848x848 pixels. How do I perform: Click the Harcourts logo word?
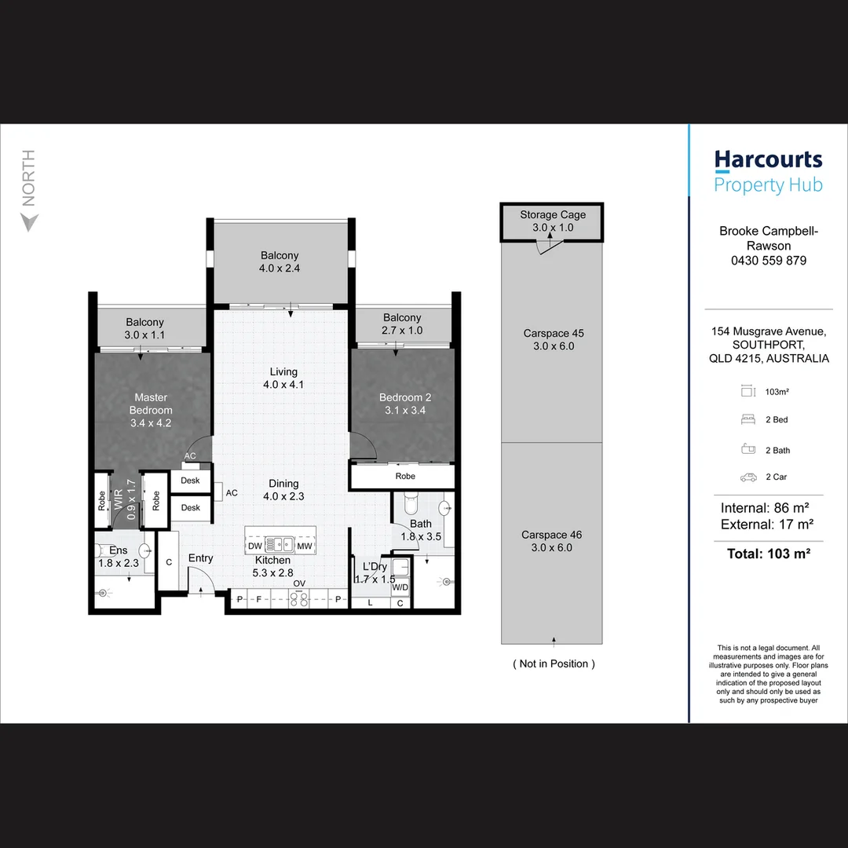tap(768, 160)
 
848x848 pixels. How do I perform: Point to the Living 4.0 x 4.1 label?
tap(283, 378)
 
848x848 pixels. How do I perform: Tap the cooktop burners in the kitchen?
tap(299, 598)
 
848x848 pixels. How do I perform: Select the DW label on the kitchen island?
tap(254, 546)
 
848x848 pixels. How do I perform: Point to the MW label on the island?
tap(305, 546)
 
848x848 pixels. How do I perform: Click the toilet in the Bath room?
tap(411, 503)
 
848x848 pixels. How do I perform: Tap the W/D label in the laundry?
tap(400, 587)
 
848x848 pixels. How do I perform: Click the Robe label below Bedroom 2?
tap(405, 476)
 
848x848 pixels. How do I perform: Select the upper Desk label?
tap(190, 481)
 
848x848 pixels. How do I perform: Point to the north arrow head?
tap(29, 221)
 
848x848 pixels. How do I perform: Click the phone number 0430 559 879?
tap(769, 261)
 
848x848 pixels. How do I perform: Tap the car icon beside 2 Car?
tap(748, 477)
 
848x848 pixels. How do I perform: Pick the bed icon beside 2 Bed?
tap(748, 419)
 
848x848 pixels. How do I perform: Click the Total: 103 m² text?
tap(769, 554)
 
